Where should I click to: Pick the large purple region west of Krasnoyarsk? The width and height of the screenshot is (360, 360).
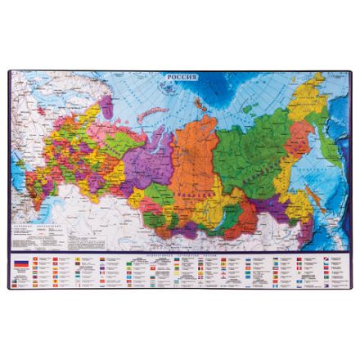click(x=155, y=164)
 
